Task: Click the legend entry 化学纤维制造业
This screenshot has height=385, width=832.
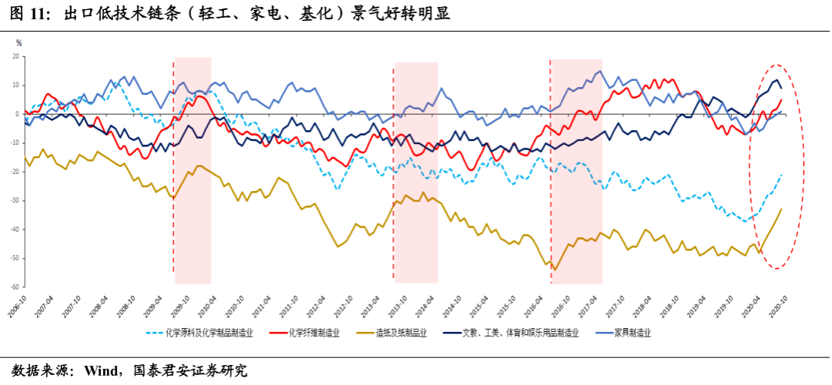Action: point(311,333)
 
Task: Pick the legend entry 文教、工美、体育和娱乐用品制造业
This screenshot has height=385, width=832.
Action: point(519,333)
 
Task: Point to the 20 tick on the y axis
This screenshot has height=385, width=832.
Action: point(15,57)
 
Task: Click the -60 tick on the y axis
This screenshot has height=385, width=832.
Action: point(13,287)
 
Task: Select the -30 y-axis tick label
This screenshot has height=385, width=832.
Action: point(13,201)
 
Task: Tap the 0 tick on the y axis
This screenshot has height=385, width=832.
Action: point(17,114)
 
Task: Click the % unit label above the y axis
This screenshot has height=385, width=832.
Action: point(18,43)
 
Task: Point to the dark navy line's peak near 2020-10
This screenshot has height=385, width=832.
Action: point(777,79)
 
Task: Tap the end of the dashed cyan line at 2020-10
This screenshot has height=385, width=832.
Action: point(782,174)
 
